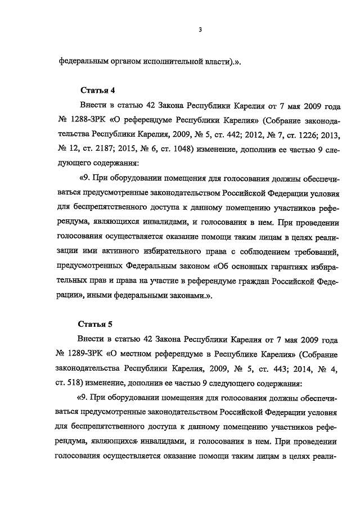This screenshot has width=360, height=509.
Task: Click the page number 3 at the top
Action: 200,30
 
